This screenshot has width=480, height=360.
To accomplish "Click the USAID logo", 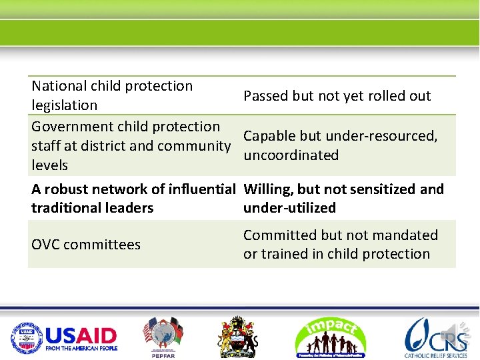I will pyautogui.click(x=64, y=338).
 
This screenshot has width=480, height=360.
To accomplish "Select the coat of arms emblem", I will pyautogui.click(x=238, y=337).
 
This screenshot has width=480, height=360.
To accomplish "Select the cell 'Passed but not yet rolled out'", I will pyautogui.click(x=337, y=96).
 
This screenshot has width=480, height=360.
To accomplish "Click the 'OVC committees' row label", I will pyautogui.click(x=86, y=245).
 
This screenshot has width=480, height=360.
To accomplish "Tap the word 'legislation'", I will pyautogui.click(x=64, y=105).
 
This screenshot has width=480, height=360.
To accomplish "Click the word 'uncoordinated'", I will pyautogui.click(x=291, y=155).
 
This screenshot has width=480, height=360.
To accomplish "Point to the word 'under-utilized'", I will pyautogui.click(x=289, y=208).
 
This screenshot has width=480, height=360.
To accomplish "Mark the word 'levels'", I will pyautogui.click(x=49, y=165).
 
